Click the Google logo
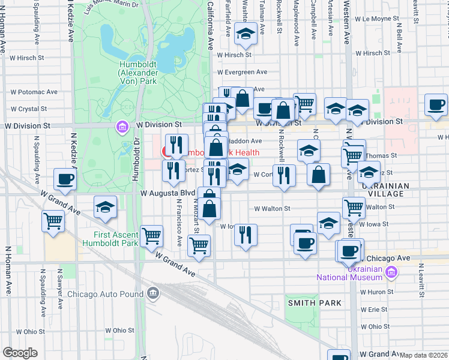tap(20, 353)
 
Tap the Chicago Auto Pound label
tap(105, 294)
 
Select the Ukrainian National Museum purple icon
tap(391, 273)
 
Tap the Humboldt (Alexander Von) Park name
tap(139, 72)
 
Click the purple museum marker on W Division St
tap(122, 127)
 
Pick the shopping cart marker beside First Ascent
tap(151, 235)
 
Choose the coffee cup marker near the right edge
tap(436, 104)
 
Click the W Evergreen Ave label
tap(242, 72)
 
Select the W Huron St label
tap(376, 292)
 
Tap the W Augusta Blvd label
tap(168, 193)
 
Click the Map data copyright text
tap(423, 355)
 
